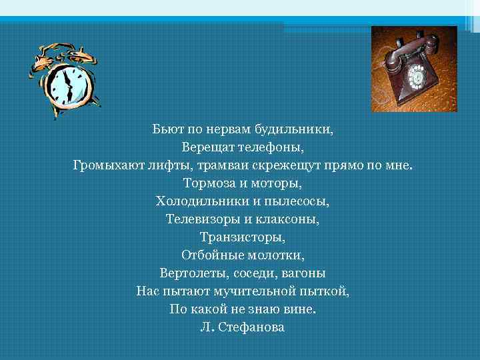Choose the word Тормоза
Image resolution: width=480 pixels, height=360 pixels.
(x=206, y=182)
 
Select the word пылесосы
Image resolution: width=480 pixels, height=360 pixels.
(x=301, y=200)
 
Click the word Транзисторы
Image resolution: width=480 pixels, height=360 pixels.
(x=243, y=237)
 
